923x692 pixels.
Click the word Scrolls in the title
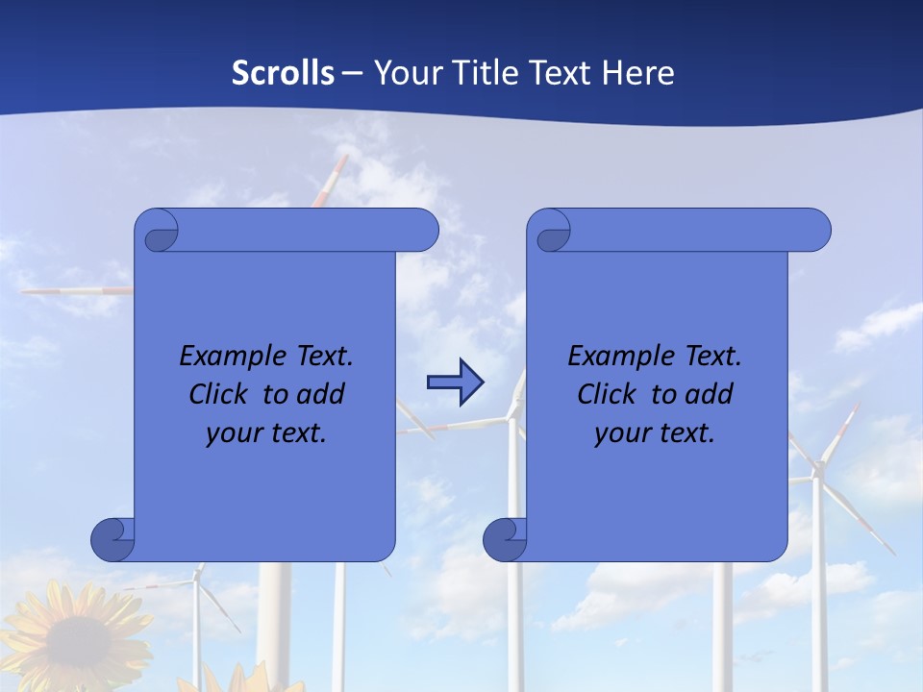(x=284, y=73)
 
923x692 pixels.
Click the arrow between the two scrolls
(x=455, y=383)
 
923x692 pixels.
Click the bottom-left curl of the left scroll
(x=113, y=539)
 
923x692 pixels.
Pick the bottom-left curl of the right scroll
(x=505, y=539)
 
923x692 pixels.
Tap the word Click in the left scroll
(x=217, y=394)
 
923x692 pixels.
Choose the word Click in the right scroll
(x=606, y=394)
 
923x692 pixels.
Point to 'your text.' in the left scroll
(x=266, y=433)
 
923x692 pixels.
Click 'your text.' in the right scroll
(x=655, y=433)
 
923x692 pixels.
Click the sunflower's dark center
(x=77, y=645)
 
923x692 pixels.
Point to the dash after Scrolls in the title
(x=352, y=73)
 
